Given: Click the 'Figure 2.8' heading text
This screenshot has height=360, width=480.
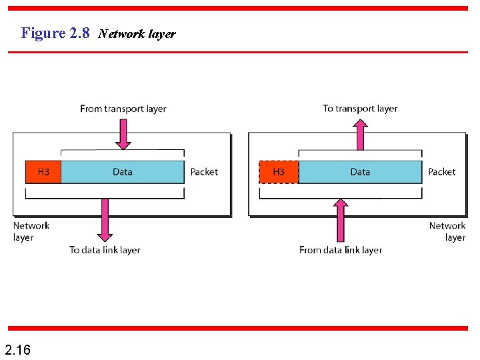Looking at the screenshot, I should click(x=55, y=33).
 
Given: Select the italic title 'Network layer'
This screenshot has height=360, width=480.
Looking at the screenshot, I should click(x=137, y=34).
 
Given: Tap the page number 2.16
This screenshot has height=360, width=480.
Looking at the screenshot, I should click(x=17, y=349).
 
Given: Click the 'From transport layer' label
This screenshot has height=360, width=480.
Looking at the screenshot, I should click(x=123, y=109).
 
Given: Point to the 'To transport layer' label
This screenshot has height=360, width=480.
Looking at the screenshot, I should click(x=360, y=108).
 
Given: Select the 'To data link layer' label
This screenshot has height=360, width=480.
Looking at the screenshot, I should click(x=105, y=250).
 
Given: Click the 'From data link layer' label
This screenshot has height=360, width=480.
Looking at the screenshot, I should click(x=341, y=250).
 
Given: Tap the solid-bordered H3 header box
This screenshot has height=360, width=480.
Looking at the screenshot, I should click(x=43, y=172).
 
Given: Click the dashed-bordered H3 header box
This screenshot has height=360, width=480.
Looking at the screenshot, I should click(x=278, y=172).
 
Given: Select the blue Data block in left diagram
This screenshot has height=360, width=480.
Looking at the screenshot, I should click(x=123, y=172).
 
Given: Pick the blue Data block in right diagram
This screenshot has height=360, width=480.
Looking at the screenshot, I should click(x=360, y=172).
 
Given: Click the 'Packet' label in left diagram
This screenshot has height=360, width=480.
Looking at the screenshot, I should click(x=204, y=172).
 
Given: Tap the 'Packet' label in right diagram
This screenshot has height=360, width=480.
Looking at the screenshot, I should click(x=442, y=172).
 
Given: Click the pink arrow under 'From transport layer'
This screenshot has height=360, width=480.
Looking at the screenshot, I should click(x=123, y=134).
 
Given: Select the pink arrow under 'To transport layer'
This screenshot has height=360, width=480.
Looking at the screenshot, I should click(x=360, y=135).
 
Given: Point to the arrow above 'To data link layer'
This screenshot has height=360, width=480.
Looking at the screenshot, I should click(x=105, y=219).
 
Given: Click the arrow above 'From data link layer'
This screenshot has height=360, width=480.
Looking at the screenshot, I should click(x=341, y=220).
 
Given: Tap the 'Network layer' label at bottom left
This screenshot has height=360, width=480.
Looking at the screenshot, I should click(x=31, y=231).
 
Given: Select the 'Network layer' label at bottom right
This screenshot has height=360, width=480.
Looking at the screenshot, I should click(x=447, y=231).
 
